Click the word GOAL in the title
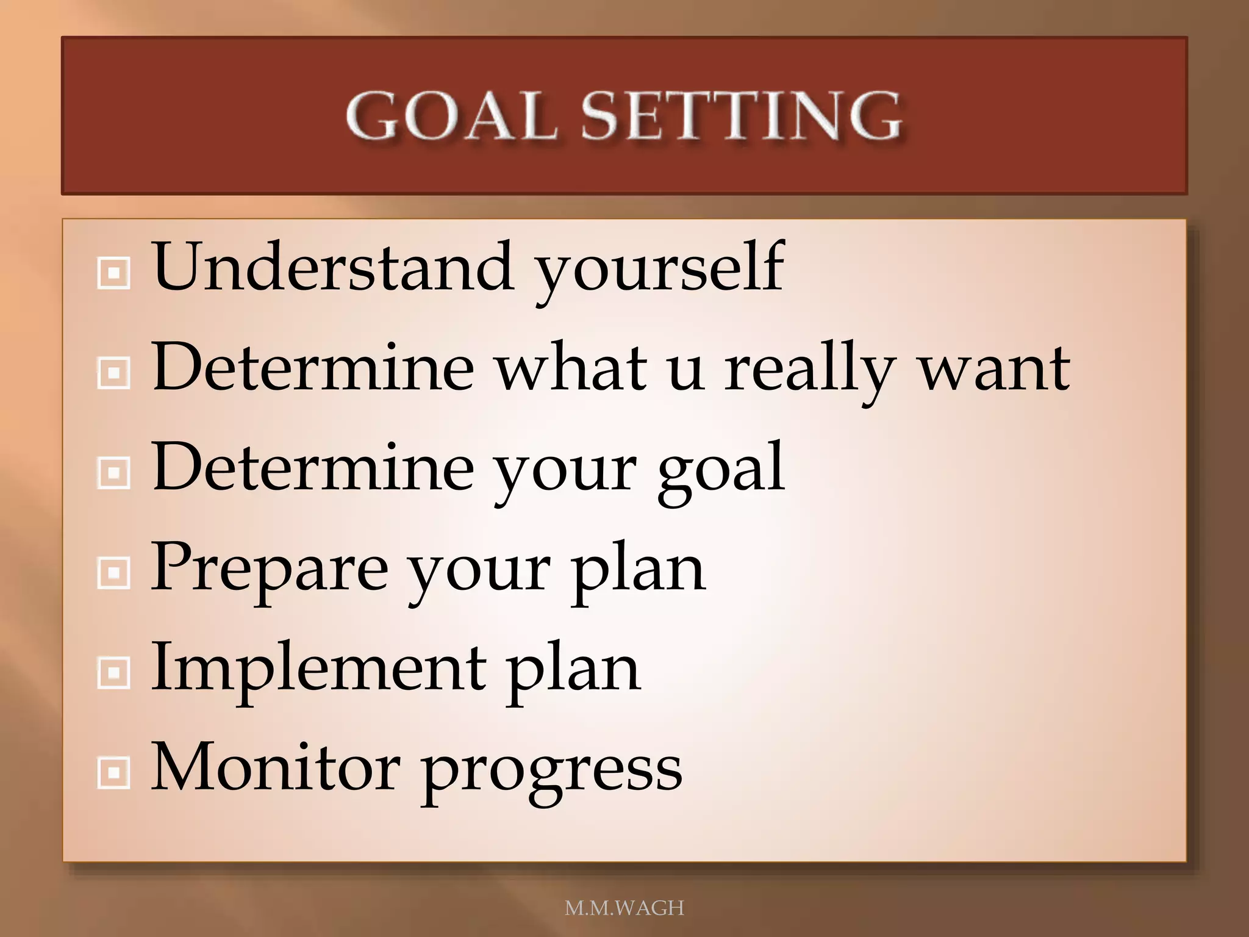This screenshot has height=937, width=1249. coord(451,116)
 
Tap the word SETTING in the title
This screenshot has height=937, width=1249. coord(740,116)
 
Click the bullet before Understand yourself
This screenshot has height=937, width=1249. coord(113,273)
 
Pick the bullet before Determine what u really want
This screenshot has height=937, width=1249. coord(113,373)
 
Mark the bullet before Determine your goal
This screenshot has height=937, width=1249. coord(113,473)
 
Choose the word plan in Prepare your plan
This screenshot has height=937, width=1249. coord(637,571)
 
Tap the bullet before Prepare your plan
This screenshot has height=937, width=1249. coord(113,573)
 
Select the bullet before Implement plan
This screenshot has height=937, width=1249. coord(113,673)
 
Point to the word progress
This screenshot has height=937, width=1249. coord(552,772)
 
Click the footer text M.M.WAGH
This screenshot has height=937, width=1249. coord(624,908)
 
